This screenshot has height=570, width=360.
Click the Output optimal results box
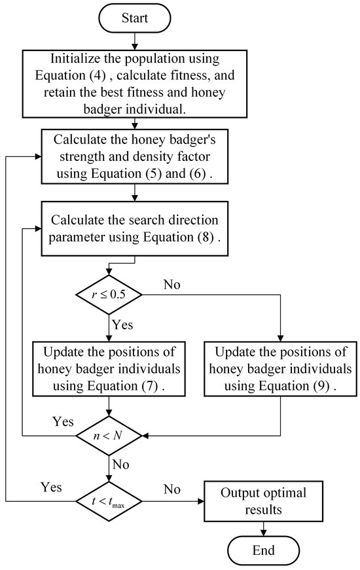coord(263,501)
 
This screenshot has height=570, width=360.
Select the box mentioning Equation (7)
coord(107,368)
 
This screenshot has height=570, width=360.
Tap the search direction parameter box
coord(135,227)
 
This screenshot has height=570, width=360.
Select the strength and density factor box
coord(135,158)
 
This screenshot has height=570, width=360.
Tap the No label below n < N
coord(120,464)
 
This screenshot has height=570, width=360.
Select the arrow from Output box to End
coord(263,526)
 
